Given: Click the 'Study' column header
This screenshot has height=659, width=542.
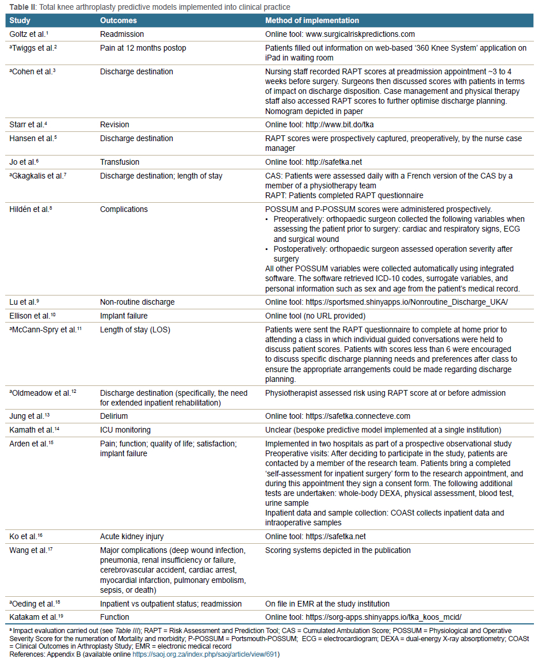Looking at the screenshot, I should click(20, 21).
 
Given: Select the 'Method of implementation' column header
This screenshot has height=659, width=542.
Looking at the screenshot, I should click(312, 21).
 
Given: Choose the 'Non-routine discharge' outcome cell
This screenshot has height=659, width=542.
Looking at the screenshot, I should click(137, 301).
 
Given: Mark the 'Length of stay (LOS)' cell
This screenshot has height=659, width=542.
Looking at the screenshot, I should click(135, 329).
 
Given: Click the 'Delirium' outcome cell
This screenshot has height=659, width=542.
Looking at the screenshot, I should click(114, 416).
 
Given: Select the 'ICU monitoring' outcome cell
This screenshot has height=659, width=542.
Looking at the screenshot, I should click(125, 430).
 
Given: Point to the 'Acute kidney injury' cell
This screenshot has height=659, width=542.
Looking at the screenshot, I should click(131, 536).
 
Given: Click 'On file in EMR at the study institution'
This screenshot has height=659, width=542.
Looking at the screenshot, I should click(327, 604).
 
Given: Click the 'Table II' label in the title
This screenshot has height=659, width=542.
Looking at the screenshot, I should click(21, 6).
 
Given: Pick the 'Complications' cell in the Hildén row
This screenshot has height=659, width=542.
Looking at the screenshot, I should click(124, 209).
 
